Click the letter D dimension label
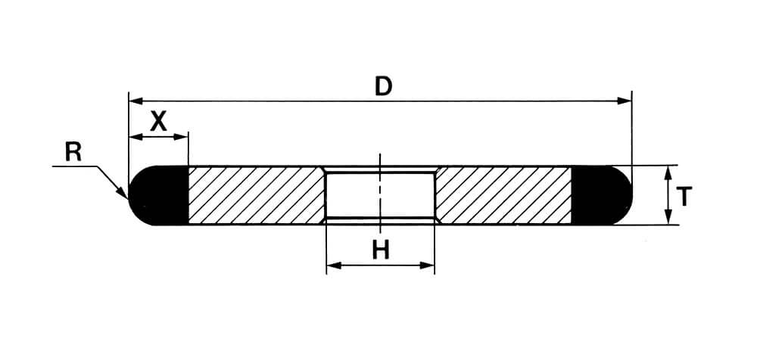384,86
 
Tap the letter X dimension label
158,121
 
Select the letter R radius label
73,153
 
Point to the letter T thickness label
684,197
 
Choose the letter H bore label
381,250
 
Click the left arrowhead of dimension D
136,101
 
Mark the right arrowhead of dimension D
625,101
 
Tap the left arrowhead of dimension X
136,137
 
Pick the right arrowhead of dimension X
181,137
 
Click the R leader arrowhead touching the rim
123,192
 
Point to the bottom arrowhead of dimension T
668,217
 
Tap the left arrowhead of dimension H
334,265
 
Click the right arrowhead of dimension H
427,265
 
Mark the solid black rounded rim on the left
158,195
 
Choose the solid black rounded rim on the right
602,195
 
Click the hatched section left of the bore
256,195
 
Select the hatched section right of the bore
503,195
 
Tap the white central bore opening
381,195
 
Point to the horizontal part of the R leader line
75,166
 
